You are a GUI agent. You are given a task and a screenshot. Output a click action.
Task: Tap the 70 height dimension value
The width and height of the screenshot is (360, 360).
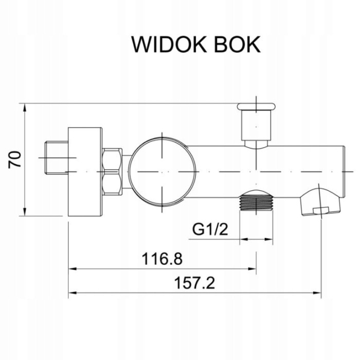15,159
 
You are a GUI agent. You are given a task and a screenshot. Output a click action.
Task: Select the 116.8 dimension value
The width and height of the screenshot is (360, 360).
163,258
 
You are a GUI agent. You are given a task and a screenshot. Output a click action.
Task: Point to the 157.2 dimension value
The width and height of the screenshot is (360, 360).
194,282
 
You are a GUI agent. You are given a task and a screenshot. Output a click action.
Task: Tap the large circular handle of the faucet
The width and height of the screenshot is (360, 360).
162,170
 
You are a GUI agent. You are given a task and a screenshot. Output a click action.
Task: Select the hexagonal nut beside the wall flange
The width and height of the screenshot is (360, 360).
112,170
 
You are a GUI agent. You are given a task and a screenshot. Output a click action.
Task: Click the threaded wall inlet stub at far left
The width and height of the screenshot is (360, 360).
53,156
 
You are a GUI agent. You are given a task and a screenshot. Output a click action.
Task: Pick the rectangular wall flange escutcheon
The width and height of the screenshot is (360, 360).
86,170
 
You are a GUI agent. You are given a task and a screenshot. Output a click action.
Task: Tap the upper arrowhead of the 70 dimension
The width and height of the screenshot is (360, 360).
24,106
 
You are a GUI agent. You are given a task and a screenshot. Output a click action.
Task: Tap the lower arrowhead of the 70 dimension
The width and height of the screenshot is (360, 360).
24,213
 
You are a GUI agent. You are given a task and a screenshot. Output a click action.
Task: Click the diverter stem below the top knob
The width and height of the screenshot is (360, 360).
256,129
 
